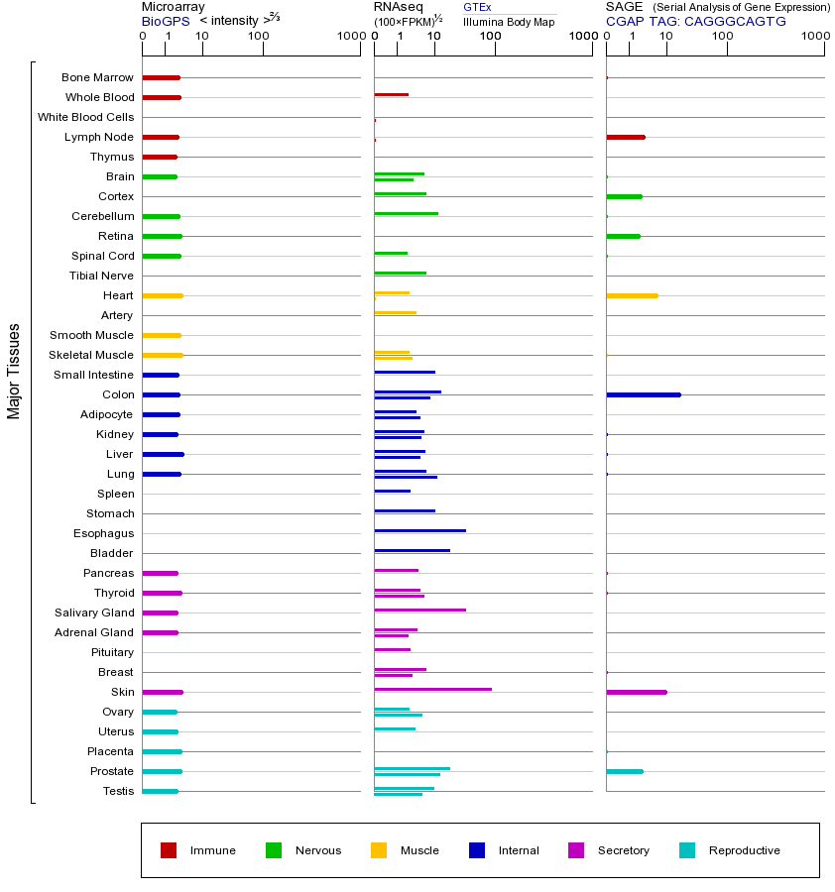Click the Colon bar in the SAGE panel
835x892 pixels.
click(x=643, y=394)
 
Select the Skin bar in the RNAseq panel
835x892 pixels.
click(x=432, y=689)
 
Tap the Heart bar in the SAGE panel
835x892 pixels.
click(x=632, y=295)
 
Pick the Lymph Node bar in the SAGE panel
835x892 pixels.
click(x=625, y=137)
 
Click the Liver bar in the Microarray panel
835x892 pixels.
click(x=163, y=454)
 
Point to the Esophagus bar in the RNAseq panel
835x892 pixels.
click(x=419, y=530)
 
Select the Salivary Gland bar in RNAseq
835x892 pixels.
click(x=419, y=610)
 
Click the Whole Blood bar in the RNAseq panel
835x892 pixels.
click(x=391, y=94)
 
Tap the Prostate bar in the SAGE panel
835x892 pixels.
click(x=624, y=771)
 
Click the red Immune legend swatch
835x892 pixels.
click(x=169, y=850)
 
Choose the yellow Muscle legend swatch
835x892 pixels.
click(x=379, y=850)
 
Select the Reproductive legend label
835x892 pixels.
click(x=744, y=850)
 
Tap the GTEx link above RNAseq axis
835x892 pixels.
click(x=477, y=7)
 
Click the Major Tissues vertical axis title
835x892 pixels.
click(x=14, y=371)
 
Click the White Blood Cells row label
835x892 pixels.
click(x=85, y=117)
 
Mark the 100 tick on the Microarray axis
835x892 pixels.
click(x=259, y=37)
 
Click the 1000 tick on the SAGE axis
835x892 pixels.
click(x=815, y=37)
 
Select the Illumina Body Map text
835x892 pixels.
click(x=509, y=21)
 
